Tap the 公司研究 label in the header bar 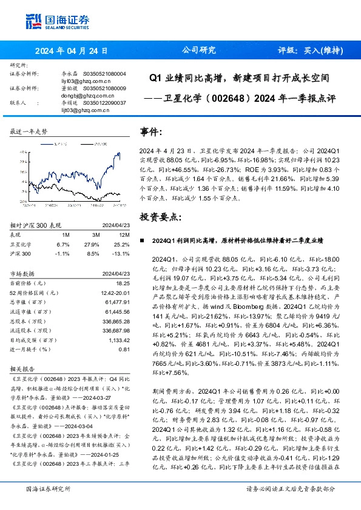tap(199, 50)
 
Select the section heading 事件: tap(151, 132)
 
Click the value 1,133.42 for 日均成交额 tap(118, 340)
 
